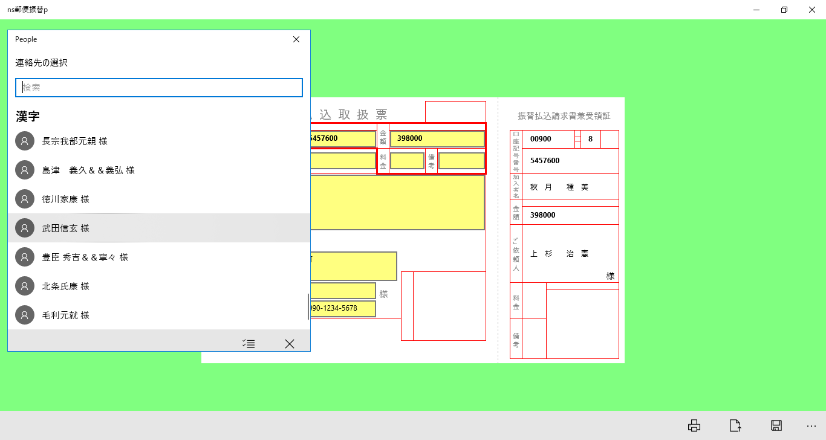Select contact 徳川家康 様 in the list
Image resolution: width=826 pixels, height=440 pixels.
(66, 199)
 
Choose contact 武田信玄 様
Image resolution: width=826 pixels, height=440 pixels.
(66, 228)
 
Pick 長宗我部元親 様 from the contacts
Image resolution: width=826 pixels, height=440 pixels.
(74, 141)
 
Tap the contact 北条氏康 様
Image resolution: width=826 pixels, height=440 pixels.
(66, 286)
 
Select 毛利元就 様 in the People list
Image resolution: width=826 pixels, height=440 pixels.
(66, 315)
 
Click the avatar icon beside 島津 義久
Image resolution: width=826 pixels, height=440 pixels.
(25, 170)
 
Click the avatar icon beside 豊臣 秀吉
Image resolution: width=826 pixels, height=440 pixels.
(25, 257)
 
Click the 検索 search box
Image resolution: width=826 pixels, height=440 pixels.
(159, 88)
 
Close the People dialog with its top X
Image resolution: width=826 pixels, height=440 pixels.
(296, 39)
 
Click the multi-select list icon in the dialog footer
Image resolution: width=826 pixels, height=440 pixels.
(249, 344)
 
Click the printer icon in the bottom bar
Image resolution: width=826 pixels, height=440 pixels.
(694, 425)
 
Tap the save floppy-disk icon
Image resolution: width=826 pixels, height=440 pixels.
(776, 425)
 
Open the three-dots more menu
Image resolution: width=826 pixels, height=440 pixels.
(811, 426)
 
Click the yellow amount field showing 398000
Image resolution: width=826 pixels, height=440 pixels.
(437, 139)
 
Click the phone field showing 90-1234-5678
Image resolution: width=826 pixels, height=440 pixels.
(343, 308)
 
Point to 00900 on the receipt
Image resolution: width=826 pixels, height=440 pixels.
(541, 139)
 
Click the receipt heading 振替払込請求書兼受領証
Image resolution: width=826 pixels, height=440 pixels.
(564, 116)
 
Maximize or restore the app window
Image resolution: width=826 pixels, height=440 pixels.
(784, 10)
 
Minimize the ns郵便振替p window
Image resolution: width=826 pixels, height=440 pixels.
(756, 10)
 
